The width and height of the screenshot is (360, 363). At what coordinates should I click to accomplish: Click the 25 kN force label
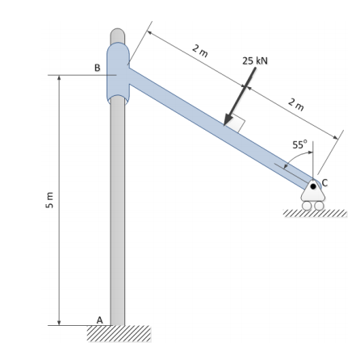coord(255,61)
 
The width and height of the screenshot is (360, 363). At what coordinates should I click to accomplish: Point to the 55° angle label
coord(299,145)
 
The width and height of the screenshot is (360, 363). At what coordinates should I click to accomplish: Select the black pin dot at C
coord(312,186)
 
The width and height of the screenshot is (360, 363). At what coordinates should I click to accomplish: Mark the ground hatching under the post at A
coord(119,333)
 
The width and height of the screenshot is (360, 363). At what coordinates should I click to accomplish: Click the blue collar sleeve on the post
coord(118,73)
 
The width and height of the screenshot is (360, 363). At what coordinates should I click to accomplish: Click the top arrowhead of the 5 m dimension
coord(59,81)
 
